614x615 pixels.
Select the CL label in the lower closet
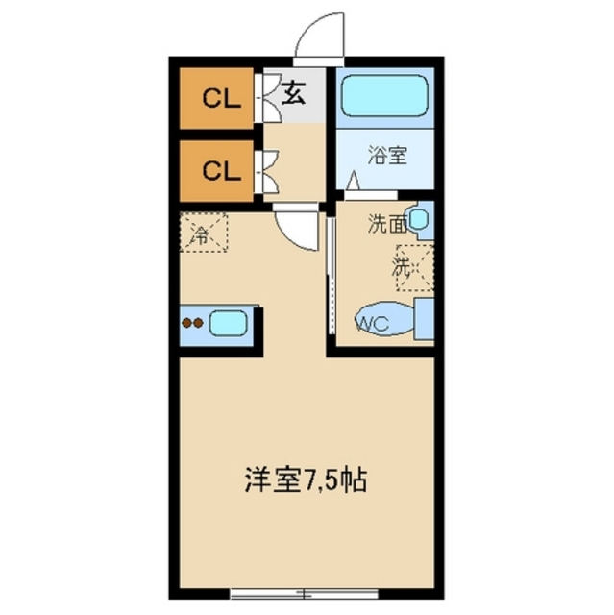219,172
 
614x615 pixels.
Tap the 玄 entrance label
294,94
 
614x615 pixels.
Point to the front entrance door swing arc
321,37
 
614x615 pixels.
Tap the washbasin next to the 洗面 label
422,220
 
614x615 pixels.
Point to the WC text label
373,323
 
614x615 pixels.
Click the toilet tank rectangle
424,318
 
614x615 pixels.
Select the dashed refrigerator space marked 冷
203,232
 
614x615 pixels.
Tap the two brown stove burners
192,323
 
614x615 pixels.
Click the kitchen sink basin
229,323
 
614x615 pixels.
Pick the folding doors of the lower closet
266,171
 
